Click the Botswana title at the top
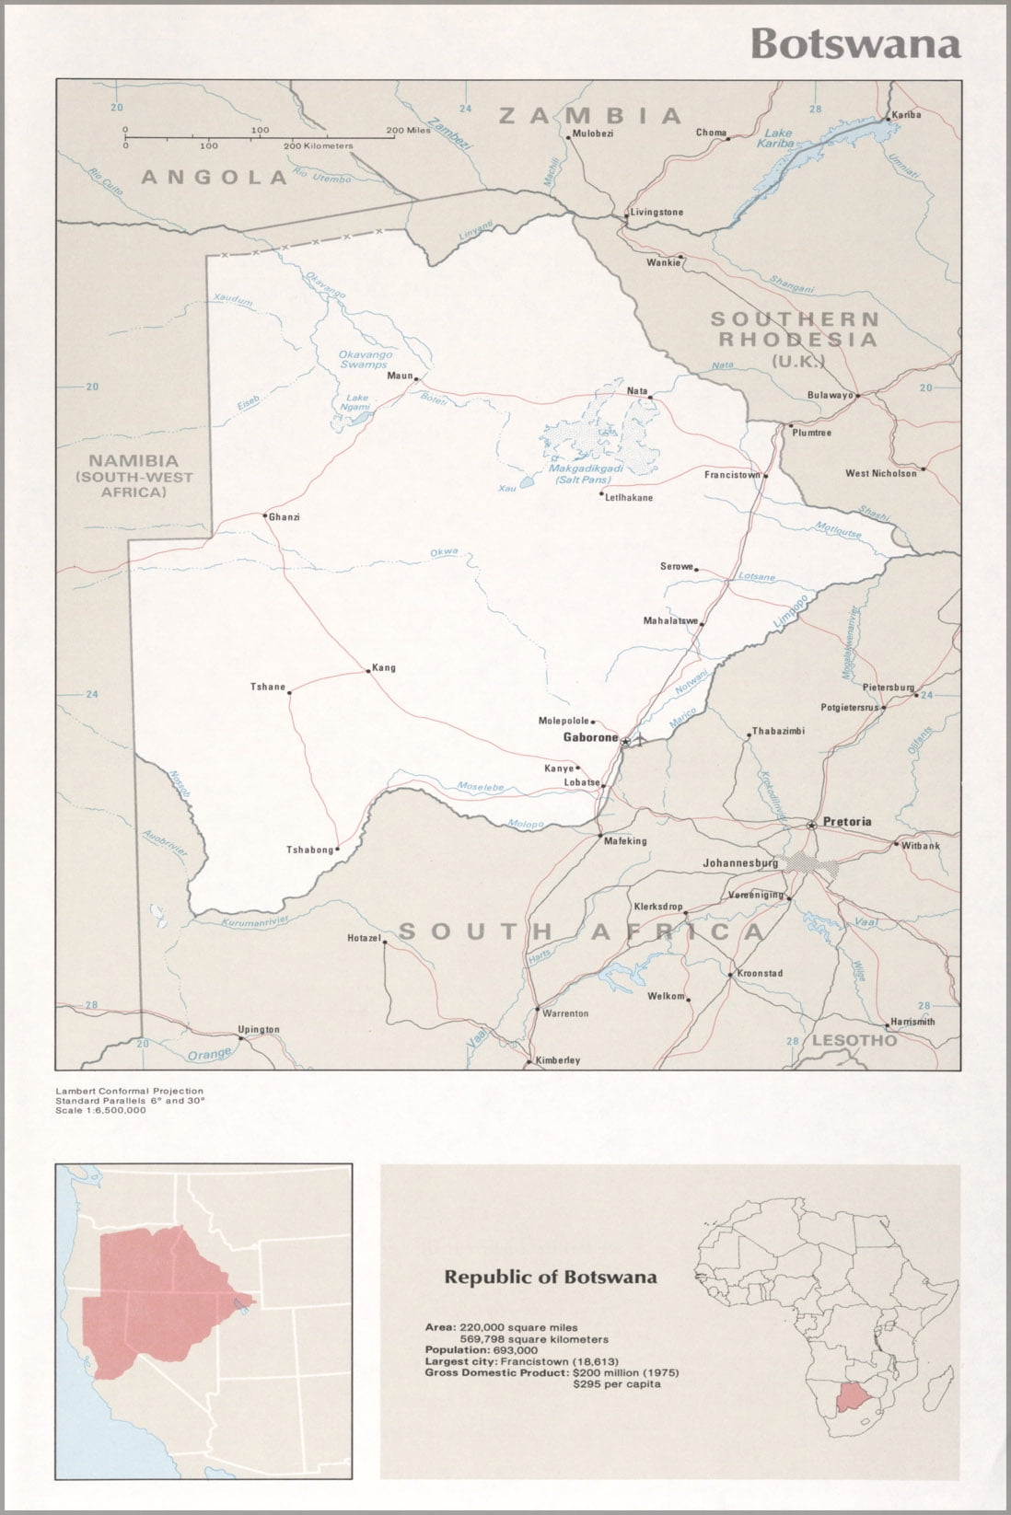855,43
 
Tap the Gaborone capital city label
590,738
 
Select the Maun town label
400,376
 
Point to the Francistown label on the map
732,476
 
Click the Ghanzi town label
285,517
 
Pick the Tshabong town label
309,850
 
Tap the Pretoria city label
847,821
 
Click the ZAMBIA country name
589,115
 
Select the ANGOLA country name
214,177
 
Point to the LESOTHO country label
854,1040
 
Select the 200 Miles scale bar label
407,131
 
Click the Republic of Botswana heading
551,1277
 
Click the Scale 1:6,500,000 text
100,1110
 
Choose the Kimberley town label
558,1060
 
